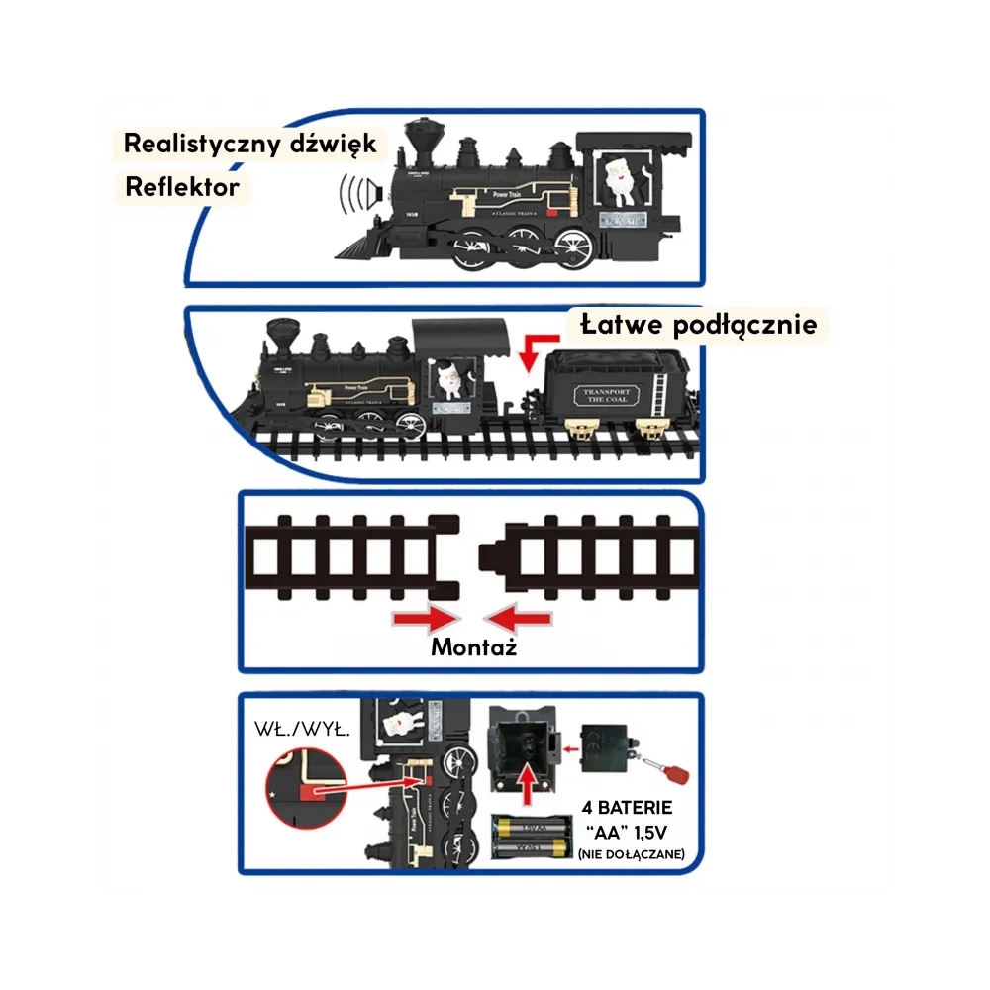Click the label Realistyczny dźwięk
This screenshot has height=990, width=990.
pyautogui.click(x=249, y=144)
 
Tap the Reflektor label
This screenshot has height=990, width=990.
pyautogui.click(x=182, y=186)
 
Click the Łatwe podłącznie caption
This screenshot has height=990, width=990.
pyautogui.click(x=699, y=324)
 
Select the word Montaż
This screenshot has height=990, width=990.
pyautogui.click(x=473, y=648)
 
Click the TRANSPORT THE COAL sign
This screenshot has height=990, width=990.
pyautogui.click(x=607, y=397)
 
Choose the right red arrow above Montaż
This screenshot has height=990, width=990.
pyautogui.click(x=521, y=619)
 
